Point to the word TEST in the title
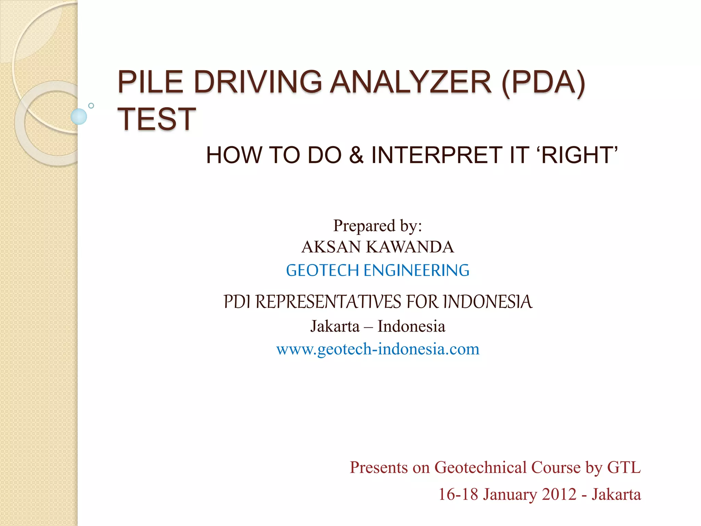157,119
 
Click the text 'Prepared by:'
378,226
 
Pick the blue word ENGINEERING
416,270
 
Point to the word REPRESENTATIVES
328,302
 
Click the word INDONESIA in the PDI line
487,302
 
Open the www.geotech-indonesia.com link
378,349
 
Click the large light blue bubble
79,116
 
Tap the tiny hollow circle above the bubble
91,105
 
